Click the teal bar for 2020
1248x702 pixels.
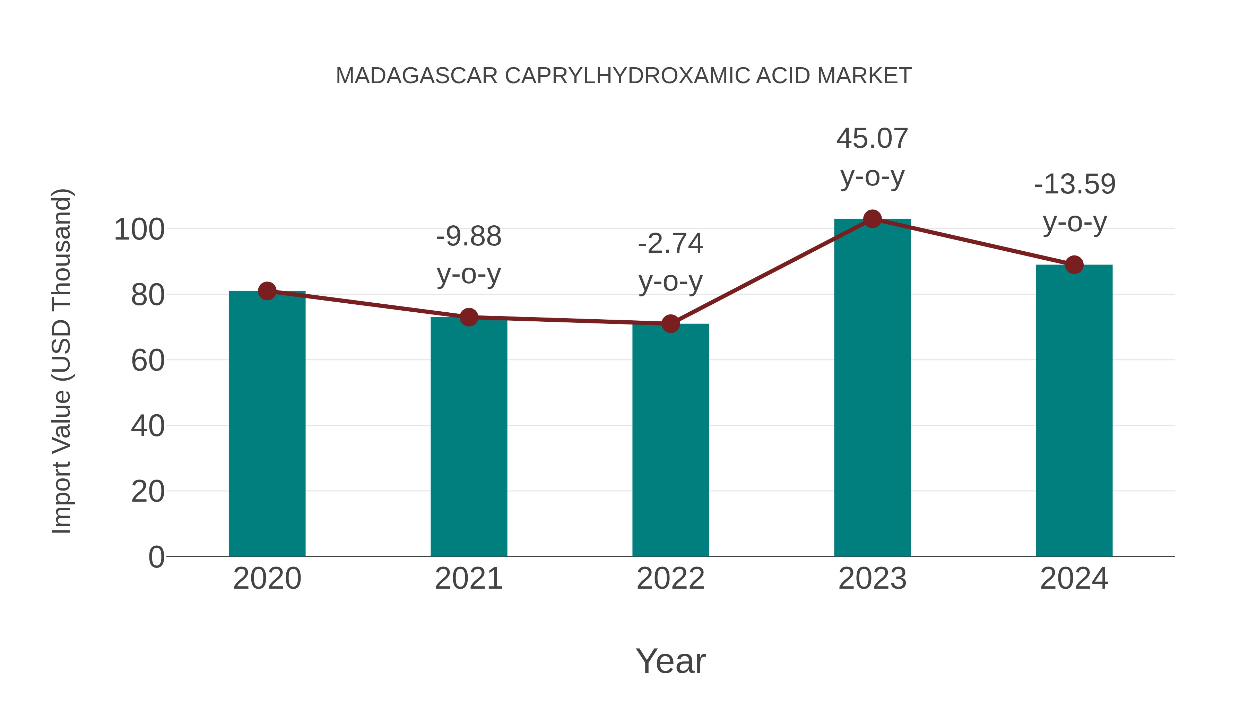[267, 424]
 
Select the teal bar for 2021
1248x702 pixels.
[468, 437]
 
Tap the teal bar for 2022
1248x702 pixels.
[670, 440]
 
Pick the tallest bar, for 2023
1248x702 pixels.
[872, 388]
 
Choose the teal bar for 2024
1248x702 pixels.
[1074, 410]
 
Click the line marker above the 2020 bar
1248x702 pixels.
[267, 291]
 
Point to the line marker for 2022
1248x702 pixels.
[670, 324]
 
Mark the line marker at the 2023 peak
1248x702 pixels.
[872, 219]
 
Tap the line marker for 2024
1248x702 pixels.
[1074, 265]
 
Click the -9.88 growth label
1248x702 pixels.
[468, 237]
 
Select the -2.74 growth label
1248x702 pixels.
[670, 244]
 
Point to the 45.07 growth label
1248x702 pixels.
[872, 139]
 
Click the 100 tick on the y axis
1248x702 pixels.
[139, 229]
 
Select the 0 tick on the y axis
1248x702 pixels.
[156, 557]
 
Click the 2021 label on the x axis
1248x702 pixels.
[468, 579]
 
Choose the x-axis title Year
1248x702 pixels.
[670, 661]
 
